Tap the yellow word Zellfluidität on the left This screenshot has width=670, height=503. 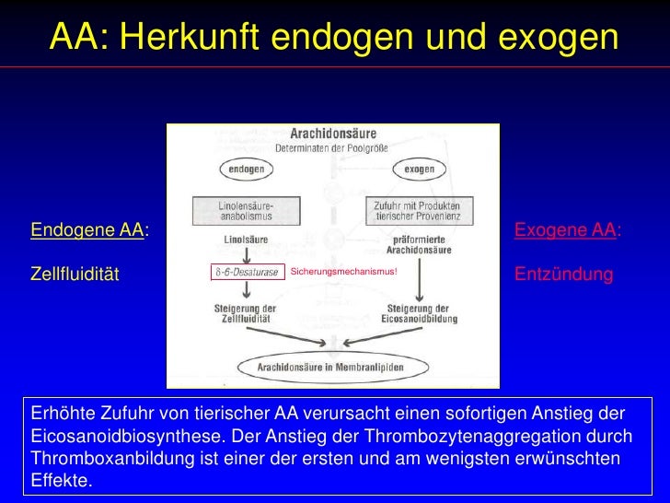(x=75, y=275)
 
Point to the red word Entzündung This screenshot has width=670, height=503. (x=563, y=275)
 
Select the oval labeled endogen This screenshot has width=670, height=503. (x=248, y=170)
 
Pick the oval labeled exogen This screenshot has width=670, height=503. (x=419, y=170)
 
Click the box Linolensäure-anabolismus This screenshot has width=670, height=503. (x=246, y=210)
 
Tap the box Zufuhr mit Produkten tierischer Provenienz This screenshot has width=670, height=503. (x=419, y=210)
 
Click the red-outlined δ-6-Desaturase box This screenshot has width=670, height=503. (x=246, y=273)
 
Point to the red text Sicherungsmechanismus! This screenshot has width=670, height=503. (x=344, y=272)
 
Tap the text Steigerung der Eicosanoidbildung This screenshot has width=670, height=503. (x=418, y=313)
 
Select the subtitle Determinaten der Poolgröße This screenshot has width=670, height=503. (x=332, y=147)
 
